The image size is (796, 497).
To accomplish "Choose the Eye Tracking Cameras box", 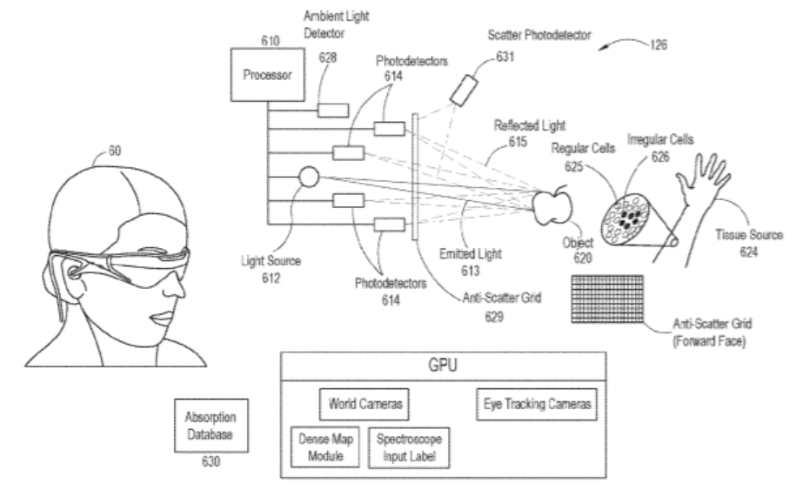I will click(538, 404).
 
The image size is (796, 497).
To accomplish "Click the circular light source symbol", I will click(309, 178).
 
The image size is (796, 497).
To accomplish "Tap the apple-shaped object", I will click(552, 205).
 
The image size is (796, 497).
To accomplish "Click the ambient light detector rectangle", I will click(331, 111).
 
